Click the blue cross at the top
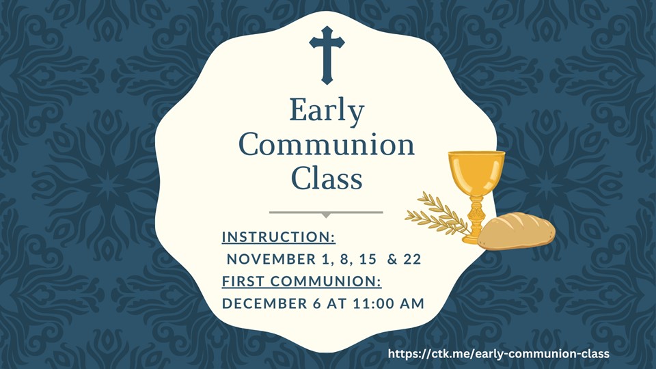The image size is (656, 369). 327,55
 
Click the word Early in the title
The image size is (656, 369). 327,111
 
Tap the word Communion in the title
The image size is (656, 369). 327,145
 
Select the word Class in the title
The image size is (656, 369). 327,178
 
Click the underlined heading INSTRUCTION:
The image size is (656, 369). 279,237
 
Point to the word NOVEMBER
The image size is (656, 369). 271,259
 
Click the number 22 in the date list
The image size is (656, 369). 412,259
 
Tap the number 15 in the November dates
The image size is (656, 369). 368,259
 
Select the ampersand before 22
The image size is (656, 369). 392,259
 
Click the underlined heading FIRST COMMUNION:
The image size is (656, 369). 301,281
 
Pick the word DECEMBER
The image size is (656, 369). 264,303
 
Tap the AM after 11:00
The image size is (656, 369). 412,303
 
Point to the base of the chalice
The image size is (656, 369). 474,238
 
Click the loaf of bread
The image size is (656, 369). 517,231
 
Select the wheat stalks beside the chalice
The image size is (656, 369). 437,214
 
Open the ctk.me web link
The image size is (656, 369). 498,353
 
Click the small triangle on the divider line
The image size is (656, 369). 326,215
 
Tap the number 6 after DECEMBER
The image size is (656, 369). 317,303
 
